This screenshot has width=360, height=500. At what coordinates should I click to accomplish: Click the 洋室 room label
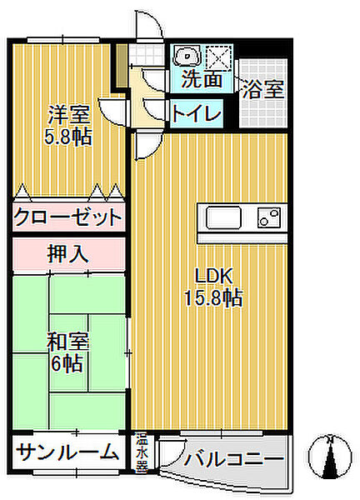pos(68,115)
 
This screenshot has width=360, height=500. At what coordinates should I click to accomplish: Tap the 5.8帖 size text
pos(68,137)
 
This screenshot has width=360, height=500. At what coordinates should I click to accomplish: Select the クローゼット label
pos(68,217)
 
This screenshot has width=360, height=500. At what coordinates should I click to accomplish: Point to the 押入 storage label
pos(67,254)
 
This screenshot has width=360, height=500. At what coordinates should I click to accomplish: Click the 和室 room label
pos(67,342)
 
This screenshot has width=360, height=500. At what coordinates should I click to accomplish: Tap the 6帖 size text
pos(67,363)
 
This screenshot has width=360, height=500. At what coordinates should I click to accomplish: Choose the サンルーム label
pos(67,452)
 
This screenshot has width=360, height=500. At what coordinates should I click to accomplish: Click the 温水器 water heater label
pos(142,452)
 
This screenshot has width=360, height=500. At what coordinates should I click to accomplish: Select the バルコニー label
pos(234,459)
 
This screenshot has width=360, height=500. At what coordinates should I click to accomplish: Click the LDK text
pos(213,276)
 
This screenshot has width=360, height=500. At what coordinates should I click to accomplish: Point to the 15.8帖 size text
pos(213,297)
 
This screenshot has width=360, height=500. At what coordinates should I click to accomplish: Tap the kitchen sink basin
pos(223,217)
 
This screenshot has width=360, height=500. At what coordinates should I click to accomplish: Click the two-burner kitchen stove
pos(269,217)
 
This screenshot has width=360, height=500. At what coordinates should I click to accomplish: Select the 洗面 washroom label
pos(202,79)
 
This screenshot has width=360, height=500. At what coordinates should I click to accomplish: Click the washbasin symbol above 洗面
pos(187,57)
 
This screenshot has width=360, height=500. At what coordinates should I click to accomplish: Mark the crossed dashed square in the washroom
pos(218,57)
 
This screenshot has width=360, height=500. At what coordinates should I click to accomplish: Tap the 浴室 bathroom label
pos(263,89)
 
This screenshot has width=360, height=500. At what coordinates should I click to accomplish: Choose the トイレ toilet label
pos(197,113)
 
